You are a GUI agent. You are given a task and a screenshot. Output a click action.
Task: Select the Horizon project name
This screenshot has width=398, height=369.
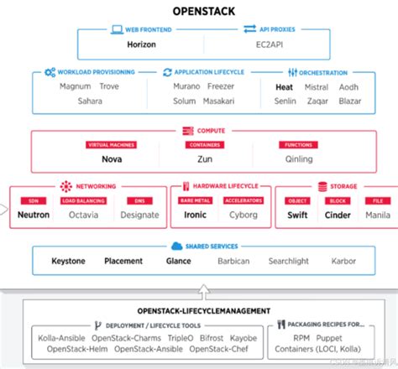[x=142, y=44]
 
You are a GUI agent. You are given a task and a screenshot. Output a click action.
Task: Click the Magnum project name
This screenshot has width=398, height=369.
[x=76, y=86]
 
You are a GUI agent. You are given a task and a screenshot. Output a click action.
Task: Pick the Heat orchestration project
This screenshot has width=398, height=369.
[x=284, y=86]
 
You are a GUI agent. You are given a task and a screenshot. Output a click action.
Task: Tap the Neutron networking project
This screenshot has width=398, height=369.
[x=34, y=215]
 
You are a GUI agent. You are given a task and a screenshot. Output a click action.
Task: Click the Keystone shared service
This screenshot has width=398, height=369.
[x=68, y=261]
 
